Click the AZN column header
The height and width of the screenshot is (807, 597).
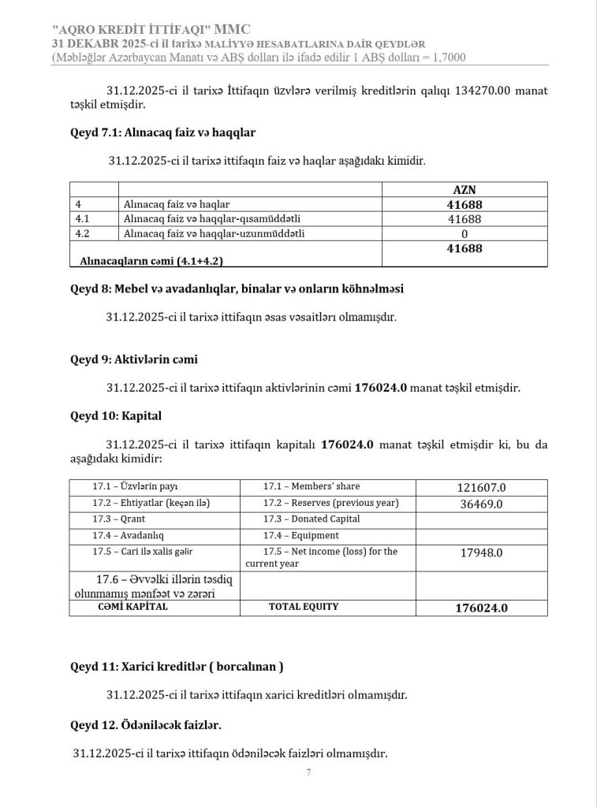tap(465, 189)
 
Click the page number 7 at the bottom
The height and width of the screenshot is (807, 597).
tap(308, 772)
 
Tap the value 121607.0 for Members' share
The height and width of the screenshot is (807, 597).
tap(481, 488)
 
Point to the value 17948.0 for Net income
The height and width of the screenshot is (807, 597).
tap(481, 552)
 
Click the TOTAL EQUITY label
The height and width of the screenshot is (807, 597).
tap(304, 607)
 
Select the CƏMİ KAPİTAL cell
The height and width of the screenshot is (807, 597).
tap(132, 607)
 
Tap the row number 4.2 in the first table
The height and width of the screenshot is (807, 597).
tap(83, 234)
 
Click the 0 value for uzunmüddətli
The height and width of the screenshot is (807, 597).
tap(465, 234)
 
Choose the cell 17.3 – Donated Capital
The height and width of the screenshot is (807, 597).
tap(312, 519)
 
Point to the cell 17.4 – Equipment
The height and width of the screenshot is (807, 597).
tap(303, 535)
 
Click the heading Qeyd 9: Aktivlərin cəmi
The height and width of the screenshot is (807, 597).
tap(134, 359)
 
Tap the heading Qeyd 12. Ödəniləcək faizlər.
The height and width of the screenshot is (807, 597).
tap(146, 723)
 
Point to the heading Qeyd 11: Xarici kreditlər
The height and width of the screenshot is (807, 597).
tap(177, 666)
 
